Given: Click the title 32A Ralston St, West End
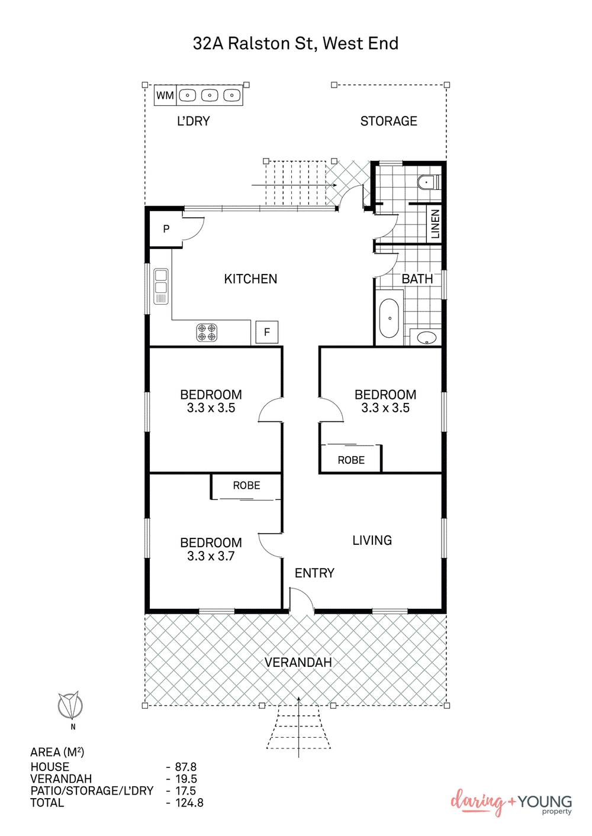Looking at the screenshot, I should pyautogui.click(x=295, y=43).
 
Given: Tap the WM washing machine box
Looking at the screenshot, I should pyautogui.click(x=165, y=95).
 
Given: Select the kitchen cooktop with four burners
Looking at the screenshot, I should pyautogui.click(x=207, y=333).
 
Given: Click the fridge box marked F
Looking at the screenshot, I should pyautogui.click(x=266, y=333).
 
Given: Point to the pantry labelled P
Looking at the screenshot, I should pyautogui.click(x=166, y=229).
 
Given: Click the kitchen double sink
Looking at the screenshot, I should pyautogui.click(x=160, y=286).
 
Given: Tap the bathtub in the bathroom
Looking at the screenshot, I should pyautogui.click(x=388, y=318).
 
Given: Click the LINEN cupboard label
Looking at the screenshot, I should pyautogui.click(x=435, y=224).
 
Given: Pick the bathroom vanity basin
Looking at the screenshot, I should pyautogui.click(x=426, y=338).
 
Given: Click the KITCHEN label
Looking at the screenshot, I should pyautogui.click(x=250, y=279).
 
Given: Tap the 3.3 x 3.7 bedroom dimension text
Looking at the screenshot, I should pyautogui.click(x=211, y=556).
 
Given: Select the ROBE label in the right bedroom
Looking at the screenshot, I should pyautogui.click(x=351, y=460).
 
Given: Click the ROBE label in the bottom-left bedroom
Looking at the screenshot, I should pyautogui.click(x=246, y=486).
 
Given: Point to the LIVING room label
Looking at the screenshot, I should pyautogui.click(x=372, y=540).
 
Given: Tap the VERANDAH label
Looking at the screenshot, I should pyautogui.click(x=298, y=663).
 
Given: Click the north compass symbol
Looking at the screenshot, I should pyautogui.click(x=70, y=705).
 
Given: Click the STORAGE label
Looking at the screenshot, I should pyautogui.click(x=388, y=121).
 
